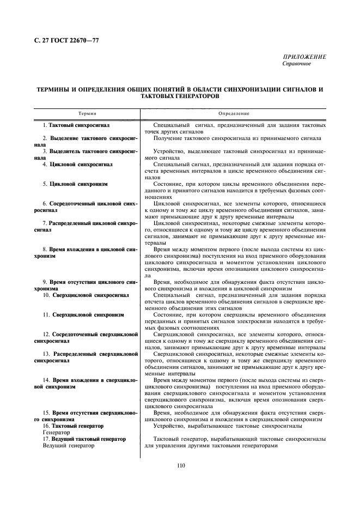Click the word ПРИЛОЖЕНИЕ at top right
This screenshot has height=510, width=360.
(x=304, y=57)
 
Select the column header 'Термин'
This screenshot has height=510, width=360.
(x=87, y=113)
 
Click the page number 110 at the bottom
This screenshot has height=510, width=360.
(x=181, y=465)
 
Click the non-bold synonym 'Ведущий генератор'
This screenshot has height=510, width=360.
(x=68, y=445)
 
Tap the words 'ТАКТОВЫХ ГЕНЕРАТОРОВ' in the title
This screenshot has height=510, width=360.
(x=180, y=95)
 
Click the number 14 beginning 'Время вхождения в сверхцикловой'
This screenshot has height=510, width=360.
(x=46, y=380)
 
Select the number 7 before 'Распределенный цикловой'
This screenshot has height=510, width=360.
(x=45, y=223)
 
